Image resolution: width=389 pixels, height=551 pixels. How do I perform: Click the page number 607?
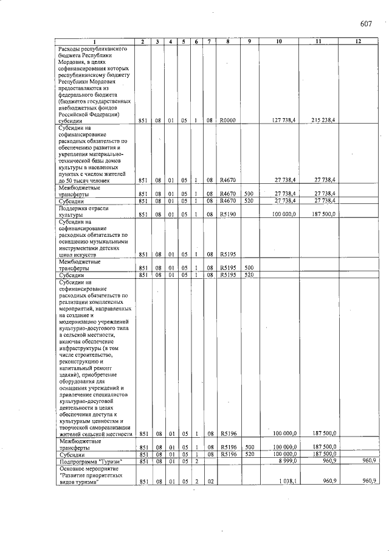pos(365,24)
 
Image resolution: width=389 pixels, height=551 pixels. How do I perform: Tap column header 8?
pos(227,41)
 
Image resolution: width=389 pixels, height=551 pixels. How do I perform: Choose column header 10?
pos(278,41)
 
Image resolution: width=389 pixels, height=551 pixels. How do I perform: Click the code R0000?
pos(227,121)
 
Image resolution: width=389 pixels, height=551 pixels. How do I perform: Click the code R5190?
pos(227,215)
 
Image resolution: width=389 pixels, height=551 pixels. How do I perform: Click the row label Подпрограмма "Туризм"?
pos(90,462)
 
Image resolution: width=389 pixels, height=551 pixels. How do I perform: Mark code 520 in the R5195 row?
pos(249,275)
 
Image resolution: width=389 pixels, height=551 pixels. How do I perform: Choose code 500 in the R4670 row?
pos(249,194)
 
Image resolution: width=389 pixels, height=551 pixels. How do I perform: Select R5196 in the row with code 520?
pos(227,454)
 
